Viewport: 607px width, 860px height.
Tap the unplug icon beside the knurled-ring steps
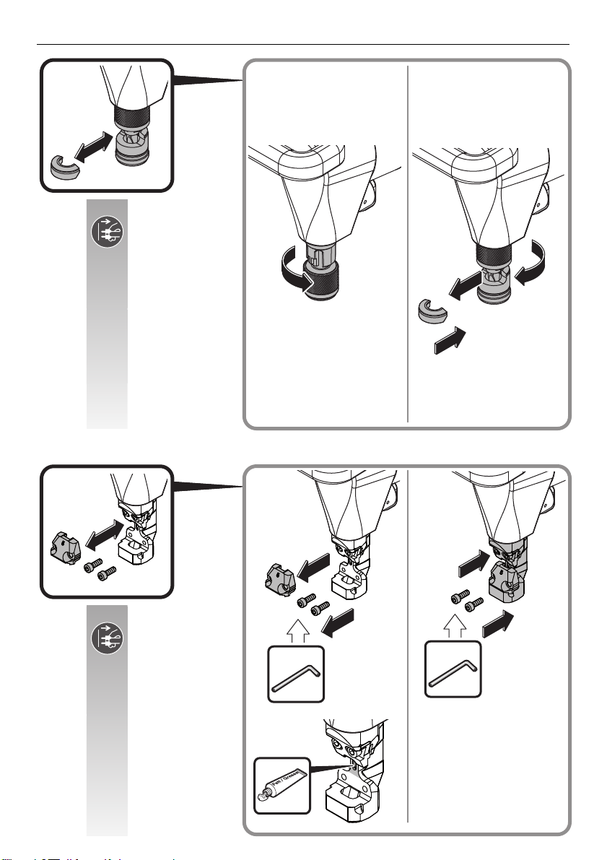(x=107, y=235)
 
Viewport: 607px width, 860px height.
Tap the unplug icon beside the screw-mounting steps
(x=107, y=639)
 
